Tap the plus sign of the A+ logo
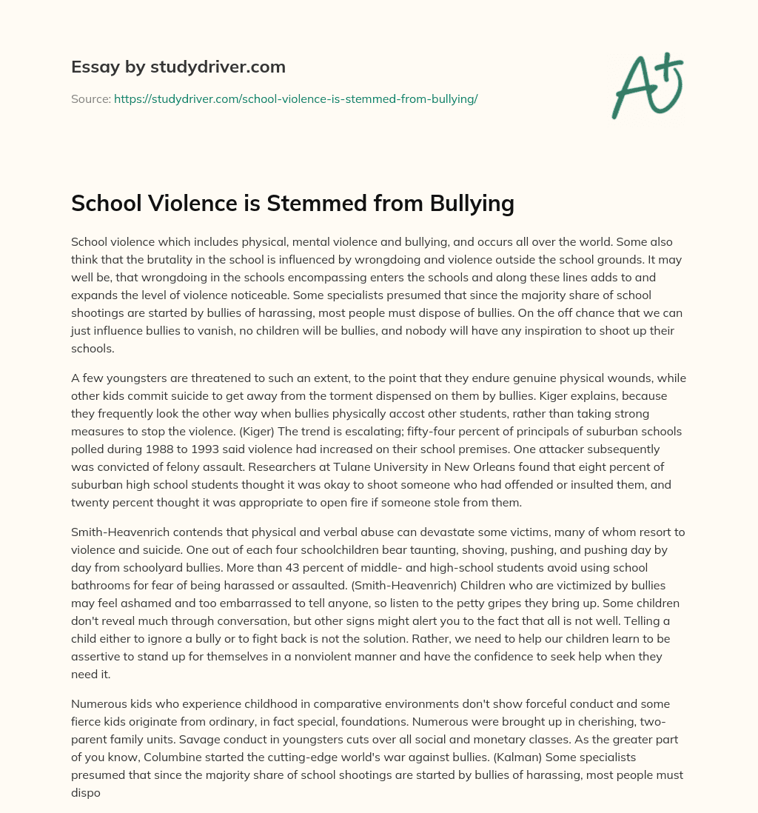(x=670, y=64)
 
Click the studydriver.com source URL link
(x=295, y=98)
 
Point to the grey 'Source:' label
(x=90, y=98)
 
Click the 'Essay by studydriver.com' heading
(x=178, y=67)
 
